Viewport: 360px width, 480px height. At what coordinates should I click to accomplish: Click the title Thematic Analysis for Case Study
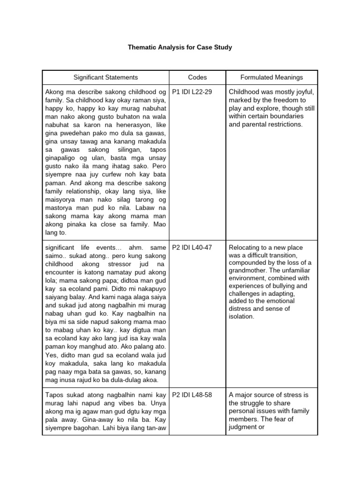click(x=180, y=47)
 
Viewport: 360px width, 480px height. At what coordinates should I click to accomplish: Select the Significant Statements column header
click(x=105, y=77)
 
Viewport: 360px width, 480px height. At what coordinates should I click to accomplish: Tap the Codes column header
click(x=197, y=77)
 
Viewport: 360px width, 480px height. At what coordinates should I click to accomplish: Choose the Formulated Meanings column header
click(x=271, y=77)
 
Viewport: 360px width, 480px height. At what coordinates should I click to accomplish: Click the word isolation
click(x=241, y=317)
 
